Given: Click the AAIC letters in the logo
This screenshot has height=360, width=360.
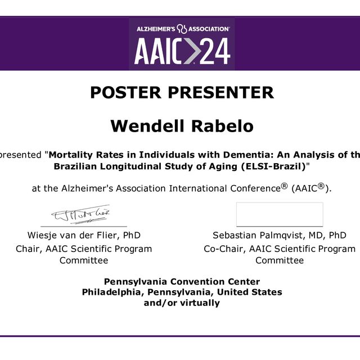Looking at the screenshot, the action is coord(158,51).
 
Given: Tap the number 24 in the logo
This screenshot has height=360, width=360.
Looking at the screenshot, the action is coord(215,51).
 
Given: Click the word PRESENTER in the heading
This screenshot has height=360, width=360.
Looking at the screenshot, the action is coord(221,92).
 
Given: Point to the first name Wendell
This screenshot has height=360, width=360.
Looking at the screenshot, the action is coord(147,126).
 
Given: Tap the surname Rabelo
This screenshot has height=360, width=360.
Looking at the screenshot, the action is coord(223,126).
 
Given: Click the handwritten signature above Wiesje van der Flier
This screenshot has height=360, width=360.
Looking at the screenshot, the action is coord(81,214).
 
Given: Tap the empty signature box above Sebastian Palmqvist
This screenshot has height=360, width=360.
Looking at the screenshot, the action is coord(280,214).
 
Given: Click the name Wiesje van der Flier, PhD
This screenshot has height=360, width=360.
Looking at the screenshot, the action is coord(84,235).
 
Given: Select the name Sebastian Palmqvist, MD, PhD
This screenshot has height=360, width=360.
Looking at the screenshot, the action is coord(280,236).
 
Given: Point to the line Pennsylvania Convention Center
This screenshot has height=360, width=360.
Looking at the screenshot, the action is coord(182,282).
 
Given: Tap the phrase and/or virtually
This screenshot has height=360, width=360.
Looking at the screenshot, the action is coord(182,303).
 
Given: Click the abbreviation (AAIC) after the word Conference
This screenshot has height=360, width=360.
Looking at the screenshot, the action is coord(310,188).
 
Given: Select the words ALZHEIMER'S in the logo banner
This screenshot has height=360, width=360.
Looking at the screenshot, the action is coord(156,29).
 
